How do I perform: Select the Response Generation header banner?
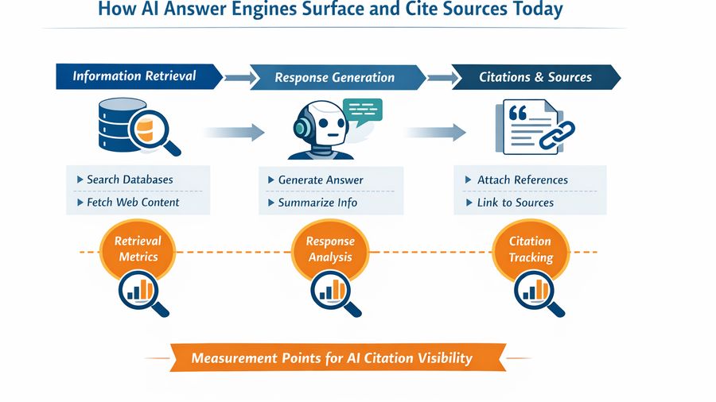pos(335,77)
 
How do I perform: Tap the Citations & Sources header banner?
pos(535,77)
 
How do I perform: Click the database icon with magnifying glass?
pos(134,125)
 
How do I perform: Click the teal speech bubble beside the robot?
pos(363,111)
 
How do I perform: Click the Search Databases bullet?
pos(130,180)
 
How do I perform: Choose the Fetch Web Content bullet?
pos(133,202)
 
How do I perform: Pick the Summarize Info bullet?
pos(317,203)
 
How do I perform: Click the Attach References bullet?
pos(522,180)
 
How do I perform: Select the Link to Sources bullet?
pos(515,203)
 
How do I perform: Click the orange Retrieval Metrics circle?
pos(138,249)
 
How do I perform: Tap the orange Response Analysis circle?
pos(330,249)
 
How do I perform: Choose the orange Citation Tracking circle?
pos(531,249)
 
